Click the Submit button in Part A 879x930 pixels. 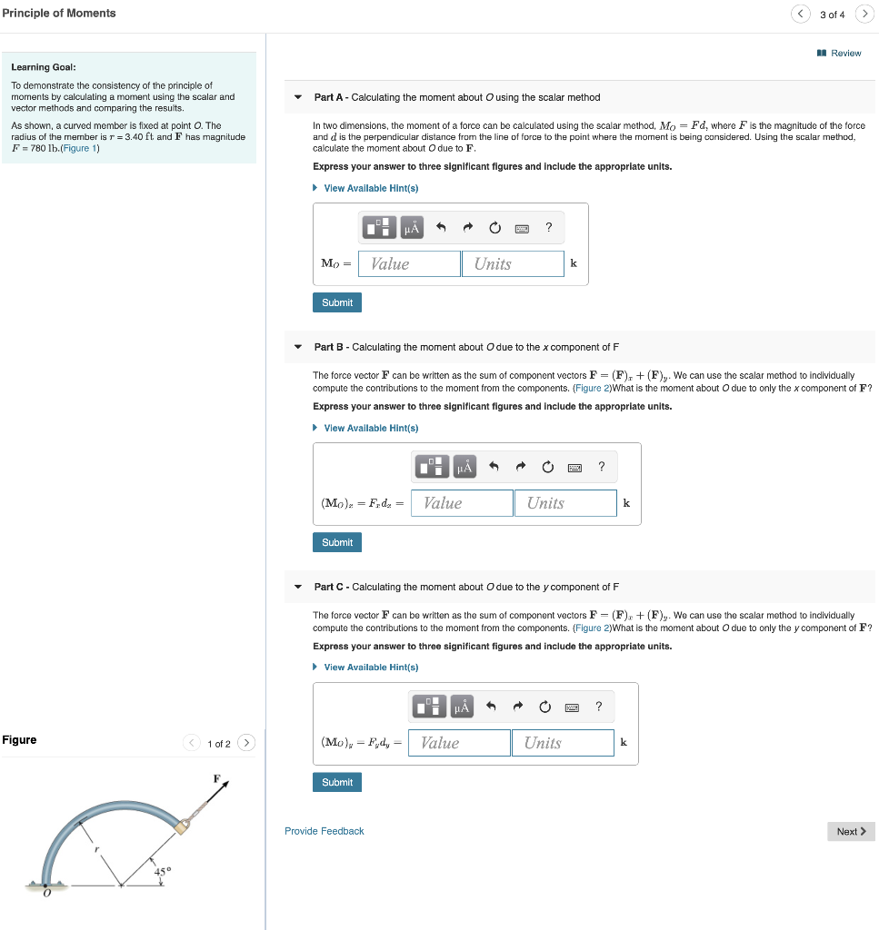(337, 302)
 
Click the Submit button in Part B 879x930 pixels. (337, 542)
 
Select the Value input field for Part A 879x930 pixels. (409, 264)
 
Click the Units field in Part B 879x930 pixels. (564, 503)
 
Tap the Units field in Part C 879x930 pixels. (562, 743)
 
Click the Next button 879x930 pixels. (850, 831)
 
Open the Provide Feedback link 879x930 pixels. (324, 831)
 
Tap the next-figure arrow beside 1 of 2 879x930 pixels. (246, 743)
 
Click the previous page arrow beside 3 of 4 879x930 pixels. (800, 14)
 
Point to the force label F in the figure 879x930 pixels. (216, 778)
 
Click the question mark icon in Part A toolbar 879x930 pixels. (548, 227)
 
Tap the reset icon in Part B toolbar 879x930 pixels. (548, 467)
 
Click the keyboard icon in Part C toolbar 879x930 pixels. (572, 707)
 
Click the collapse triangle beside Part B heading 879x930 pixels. (298, 347)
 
